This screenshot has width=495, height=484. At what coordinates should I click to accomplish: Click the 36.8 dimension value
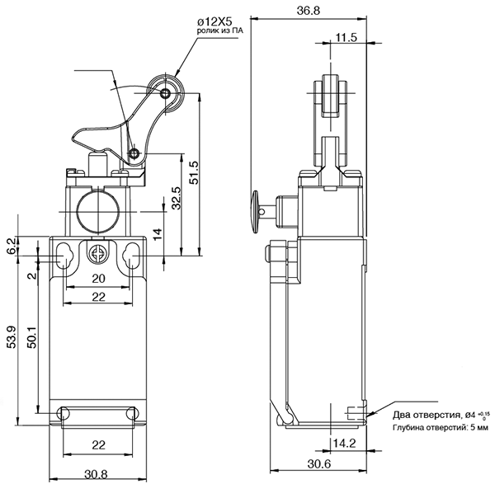tap(309, 11)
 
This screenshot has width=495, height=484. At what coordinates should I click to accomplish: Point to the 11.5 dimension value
tap(346, 38)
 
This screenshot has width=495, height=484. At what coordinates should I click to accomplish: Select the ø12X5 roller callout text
tap(215, 22)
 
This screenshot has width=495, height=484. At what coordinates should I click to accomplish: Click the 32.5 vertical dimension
tap(176, 198)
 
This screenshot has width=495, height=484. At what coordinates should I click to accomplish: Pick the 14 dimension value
tap(158, 234)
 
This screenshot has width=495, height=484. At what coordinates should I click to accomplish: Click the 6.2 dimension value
tap(11, 246)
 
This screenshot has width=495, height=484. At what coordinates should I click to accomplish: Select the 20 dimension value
tap(98, 279)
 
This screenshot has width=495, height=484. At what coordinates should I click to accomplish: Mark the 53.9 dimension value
tap(12, 337)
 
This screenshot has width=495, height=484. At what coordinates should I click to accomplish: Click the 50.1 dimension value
tap(32, 336)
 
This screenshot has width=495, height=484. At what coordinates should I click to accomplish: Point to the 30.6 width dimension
tap(319, 464)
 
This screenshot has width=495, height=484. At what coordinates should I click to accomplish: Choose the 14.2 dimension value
tap(344, 444)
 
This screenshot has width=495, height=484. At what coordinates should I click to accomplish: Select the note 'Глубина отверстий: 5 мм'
tap(441, 428)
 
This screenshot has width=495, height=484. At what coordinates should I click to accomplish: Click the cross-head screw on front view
tap(97, 254)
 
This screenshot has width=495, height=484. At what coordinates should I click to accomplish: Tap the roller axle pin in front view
tap(165, 93)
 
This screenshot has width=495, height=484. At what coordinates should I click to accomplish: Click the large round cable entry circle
tap(98, 211)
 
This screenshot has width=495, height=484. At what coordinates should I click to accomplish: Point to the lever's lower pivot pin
tap(134, 153)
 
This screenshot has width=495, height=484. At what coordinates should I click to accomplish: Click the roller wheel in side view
tap(330, 96)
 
